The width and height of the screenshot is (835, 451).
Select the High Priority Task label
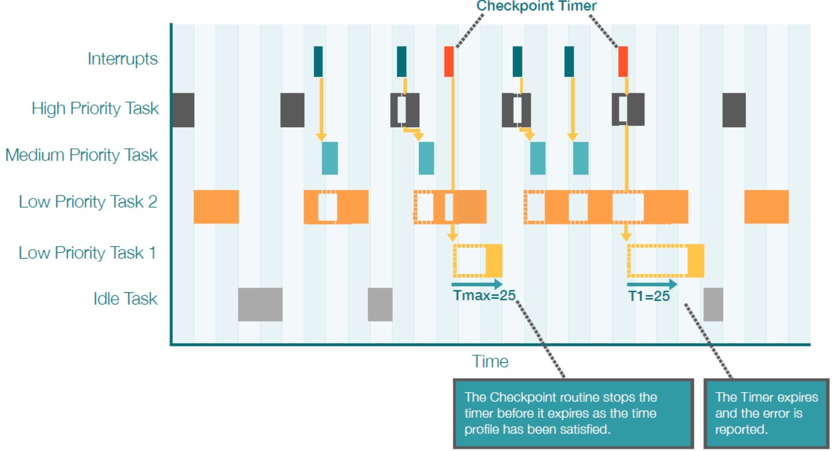(x=95, y=109)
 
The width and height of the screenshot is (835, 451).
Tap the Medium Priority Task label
(x=82, y=155)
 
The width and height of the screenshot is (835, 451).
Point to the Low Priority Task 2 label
(x=88, y=202)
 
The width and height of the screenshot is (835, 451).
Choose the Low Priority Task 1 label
(x=87, y=253)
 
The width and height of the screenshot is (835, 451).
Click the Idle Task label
(x=125, y=299)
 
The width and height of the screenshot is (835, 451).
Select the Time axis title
(x=490, y=361)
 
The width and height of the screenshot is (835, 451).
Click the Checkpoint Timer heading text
(x=537, y=6)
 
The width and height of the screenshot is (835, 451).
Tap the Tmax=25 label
(x=484, y=295)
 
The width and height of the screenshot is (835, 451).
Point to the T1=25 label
(x=649, y=296)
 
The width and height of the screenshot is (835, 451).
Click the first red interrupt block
(x=449, y=62)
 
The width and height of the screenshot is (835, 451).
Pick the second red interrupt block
(x=623, y=62)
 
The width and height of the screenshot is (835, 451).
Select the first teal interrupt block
(x=318, y=62)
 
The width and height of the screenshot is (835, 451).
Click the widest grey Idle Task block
(x=260, y=305)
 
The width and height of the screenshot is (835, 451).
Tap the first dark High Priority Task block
(x=184, y=110)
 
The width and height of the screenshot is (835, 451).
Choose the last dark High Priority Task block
(x=734, y=110)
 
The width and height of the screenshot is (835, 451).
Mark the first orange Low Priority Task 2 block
(x=216, y=207)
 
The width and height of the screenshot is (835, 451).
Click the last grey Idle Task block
(x=713, y=305)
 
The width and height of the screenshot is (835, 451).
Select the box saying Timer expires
(x=766, y=413)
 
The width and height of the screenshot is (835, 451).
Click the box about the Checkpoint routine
(x=573, y=413)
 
